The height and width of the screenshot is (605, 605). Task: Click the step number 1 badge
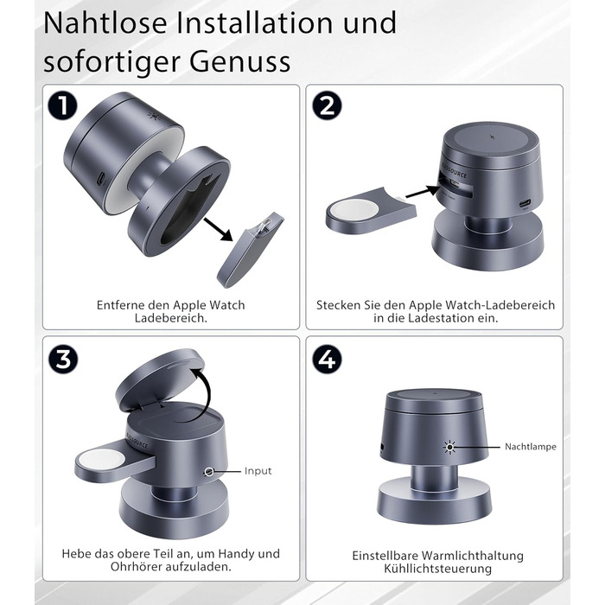coord(62,105)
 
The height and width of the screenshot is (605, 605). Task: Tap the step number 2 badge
coord(327,105)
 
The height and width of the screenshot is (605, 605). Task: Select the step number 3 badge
coord(63,360)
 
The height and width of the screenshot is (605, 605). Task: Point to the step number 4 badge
coord(327,360)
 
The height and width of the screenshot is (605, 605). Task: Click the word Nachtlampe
coord(531,447)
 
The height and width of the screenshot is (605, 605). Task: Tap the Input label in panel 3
coord(258,471)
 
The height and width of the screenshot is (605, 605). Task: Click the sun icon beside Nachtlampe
coord(449,447)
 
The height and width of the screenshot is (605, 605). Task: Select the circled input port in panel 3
coord(209,472)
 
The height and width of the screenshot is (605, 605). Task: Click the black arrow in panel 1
coord(218,230)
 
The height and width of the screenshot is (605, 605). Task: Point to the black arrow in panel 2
coord(423,192)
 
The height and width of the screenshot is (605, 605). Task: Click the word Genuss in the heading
coord(239,61)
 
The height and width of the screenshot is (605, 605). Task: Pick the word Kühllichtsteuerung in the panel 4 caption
coord(437,569)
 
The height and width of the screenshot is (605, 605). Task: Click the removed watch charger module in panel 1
coord(250,249)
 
